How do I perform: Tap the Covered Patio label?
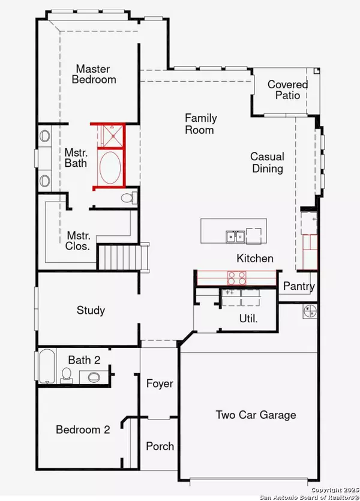[287, 90]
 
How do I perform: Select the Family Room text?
[200, 124]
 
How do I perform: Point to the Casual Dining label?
[267, 163]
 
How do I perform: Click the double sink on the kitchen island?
[235, 236]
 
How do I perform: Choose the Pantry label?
[298, 287]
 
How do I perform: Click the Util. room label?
[248, 318]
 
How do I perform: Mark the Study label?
[91, 310]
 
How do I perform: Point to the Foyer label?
[160, 383]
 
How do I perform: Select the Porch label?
[160, 446]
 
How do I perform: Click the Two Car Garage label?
[256, 415]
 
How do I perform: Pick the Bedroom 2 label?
[83, 430]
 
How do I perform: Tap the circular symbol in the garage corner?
[310, 311]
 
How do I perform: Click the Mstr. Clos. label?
[79, 240]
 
